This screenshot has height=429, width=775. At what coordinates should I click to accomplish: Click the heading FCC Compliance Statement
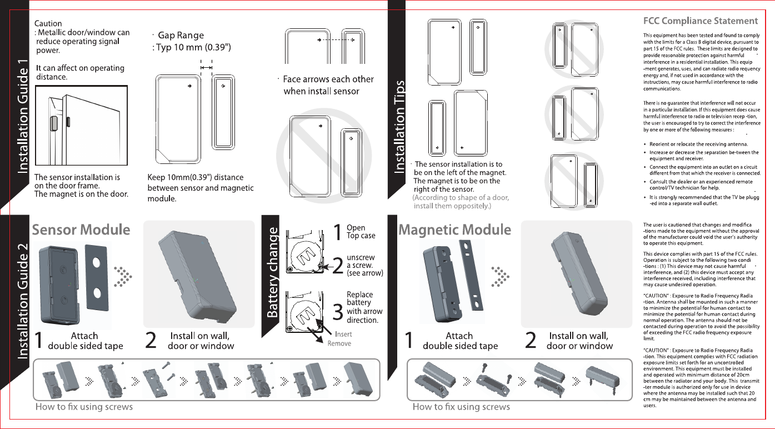700,21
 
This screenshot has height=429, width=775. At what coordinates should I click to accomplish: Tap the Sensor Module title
81,230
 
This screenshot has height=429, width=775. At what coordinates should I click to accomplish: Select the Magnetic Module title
455,230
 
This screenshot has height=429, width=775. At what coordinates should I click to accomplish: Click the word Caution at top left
48,23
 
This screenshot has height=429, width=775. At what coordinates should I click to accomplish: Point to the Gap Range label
181,36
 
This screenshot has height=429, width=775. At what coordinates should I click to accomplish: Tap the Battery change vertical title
272,272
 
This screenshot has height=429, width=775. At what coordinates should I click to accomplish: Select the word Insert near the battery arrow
343,335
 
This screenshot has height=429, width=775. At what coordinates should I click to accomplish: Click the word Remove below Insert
339,343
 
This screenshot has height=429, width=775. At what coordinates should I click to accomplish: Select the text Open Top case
361,232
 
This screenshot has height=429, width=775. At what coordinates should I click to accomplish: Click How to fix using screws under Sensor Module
84,407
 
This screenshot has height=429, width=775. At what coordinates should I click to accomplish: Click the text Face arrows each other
328,84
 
